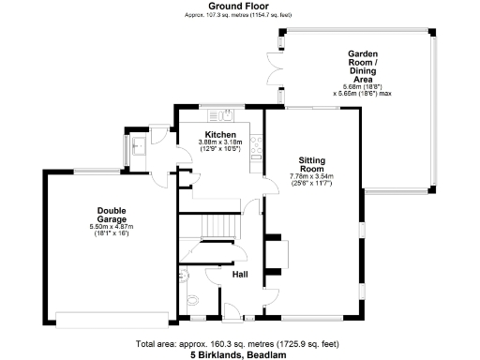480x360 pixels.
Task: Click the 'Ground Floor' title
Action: (x=239, y=6)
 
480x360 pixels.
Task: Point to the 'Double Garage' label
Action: (x=112, y=215)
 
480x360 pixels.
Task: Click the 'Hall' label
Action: (x=240, y=275)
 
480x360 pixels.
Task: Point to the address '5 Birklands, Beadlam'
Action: (x=239, y=354)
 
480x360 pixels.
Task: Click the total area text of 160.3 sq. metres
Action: (x=239, y=344)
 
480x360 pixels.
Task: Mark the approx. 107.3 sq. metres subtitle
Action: (x=239, y=16)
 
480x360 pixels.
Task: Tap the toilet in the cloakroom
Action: (x=194, y=300)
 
